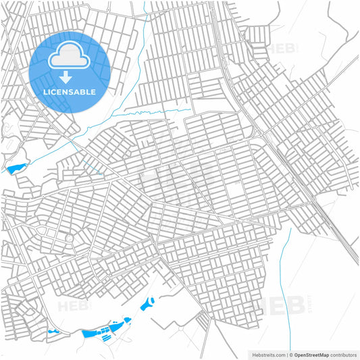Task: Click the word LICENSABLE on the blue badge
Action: tap(70, 92)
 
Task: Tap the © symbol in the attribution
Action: tap(290, 354)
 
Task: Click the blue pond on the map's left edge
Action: tap(16, 167)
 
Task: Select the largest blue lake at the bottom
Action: tap(101, 330)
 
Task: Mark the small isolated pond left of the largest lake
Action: tap(53, 332)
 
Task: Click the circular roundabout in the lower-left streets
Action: tap(68, 238)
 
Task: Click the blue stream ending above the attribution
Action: tap(289, 284)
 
